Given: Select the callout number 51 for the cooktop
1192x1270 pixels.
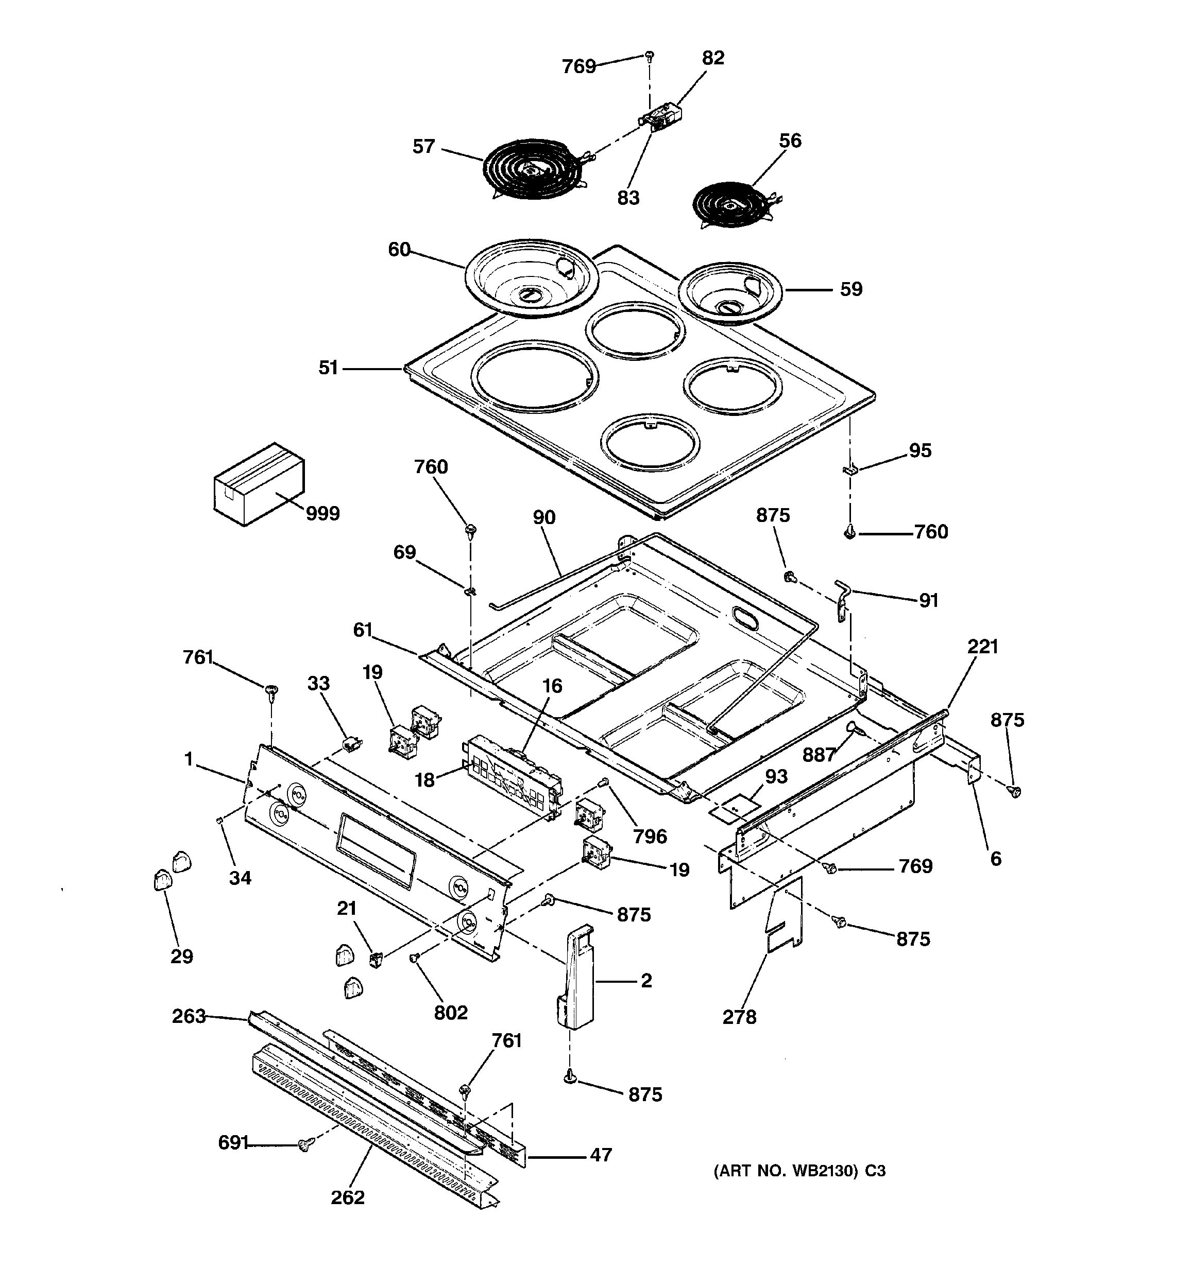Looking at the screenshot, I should pos(328,368).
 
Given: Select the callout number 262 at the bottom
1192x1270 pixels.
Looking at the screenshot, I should pos(347,1196).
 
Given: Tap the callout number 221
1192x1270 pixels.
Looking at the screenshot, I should pos(982,647).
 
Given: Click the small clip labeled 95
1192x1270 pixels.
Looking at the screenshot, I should pos(850,470).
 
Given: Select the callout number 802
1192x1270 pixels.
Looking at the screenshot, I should pos(451,1012).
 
